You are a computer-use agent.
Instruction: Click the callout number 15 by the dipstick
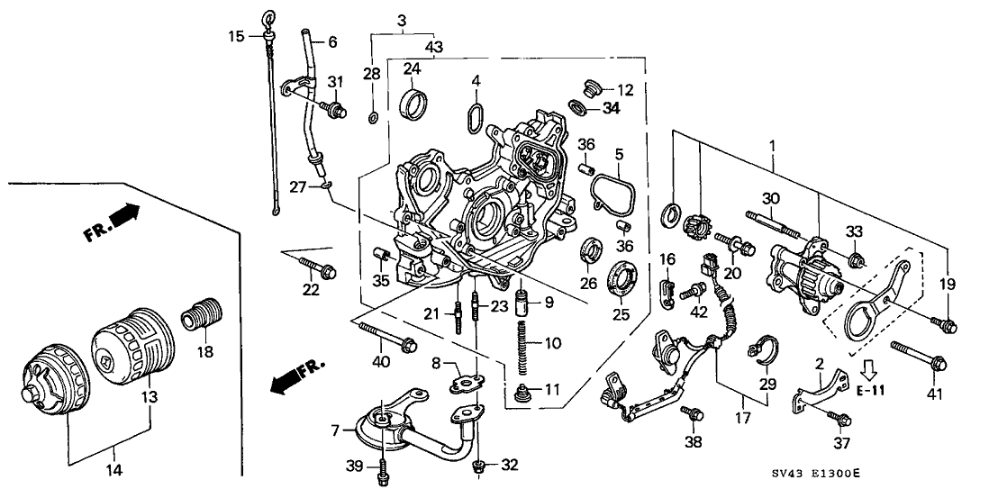235,36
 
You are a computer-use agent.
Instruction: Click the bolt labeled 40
386,339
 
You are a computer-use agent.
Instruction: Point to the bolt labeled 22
316,266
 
